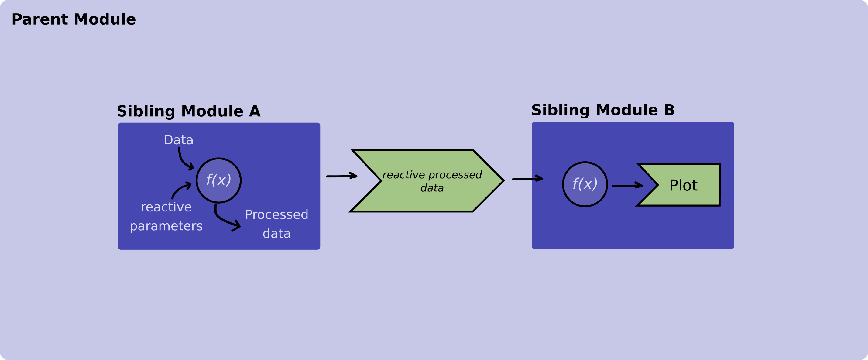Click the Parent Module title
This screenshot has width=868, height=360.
[x=74, y=19]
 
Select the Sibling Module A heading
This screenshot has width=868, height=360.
[x=188, y=111]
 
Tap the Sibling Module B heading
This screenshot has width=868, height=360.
[x=603, y=110]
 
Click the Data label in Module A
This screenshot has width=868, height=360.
[x=178, y=140]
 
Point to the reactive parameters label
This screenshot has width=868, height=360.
[x=166, y=216]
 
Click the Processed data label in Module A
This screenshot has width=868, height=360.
[x=276, y=224]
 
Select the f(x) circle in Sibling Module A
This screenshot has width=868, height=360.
[x=219, y=180]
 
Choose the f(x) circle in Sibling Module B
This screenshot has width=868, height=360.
[x=585, y=184]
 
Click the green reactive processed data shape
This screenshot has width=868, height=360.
[x=428, y=199]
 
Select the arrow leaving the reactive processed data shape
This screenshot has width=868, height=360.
[x=527, y=179]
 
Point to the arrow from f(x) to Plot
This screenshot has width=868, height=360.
[x=627, y=185]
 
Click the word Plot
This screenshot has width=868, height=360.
[x=683, y=185]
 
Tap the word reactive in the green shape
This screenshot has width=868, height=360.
[x=403, y=175]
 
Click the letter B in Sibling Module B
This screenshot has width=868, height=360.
[x=669, y=110]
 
